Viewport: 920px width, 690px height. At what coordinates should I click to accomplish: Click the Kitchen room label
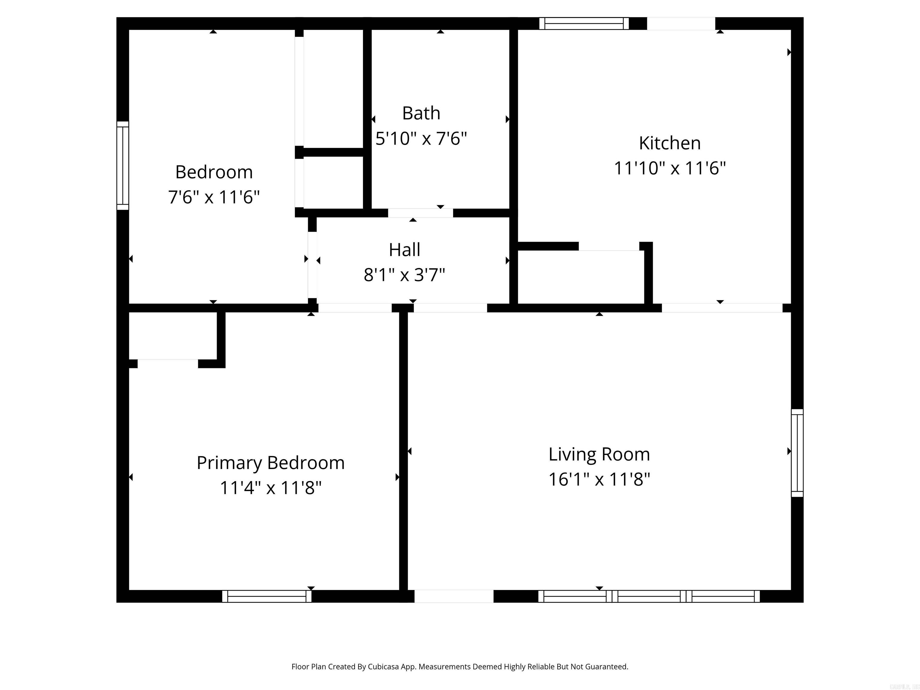click(670, 143)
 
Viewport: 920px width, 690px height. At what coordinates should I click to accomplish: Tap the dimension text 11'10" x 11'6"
click(670, 168)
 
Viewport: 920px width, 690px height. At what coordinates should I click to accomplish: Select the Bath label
click(421, 113)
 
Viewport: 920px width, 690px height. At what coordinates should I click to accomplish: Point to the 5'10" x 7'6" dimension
click(421, 138)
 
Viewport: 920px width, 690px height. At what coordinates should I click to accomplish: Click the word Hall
click(404, 250)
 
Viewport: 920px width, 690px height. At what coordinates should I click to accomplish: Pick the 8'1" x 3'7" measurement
click(404, 275)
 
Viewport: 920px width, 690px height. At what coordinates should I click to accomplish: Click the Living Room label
click(599, 454)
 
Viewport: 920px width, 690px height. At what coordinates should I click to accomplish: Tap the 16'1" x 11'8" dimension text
click(599, 479)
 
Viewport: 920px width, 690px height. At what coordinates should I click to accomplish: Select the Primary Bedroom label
click(270, 463)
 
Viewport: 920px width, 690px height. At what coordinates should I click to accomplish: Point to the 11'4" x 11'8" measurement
click(270, 488)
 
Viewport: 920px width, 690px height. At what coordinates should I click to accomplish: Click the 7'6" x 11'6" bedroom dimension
click(214, 197)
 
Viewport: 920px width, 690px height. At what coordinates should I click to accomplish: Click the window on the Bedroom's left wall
click(123, 166)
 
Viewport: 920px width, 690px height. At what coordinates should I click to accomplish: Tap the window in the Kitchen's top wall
click(584, 23)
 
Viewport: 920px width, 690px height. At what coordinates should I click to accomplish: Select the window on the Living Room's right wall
click(797, 453)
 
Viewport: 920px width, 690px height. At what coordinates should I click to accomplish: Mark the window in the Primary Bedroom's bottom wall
click(267, 596)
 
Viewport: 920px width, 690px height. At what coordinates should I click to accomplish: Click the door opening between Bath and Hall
click(420, 213)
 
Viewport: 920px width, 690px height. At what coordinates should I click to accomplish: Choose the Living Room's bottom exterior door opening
click(454, 596)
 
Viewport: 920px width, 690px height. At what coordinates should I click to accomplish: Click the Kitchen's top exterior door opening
click(681, 23)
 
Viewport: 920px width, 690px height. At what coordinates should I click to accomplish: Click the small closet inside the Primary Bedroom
click(172, 336)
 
